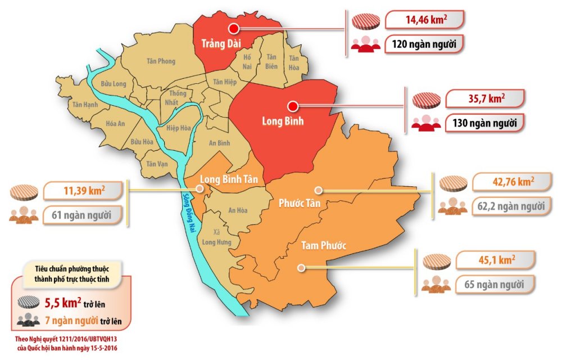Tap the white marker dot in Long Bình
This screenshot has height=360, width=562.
pos(292,106)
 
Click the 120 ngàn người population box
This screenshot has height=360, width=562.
pos(424,44)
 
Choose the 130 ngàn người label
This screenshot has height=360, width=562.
pos(485,123)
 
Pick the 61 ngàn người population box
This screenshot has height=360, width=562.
pos(83,214)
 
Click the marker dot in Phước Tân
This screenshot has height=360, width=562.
pos(318,191)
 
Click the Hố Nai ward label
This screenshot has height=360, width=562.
pos(246,61)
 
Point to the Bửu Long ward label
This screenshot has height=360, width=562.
pos(114,84)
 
